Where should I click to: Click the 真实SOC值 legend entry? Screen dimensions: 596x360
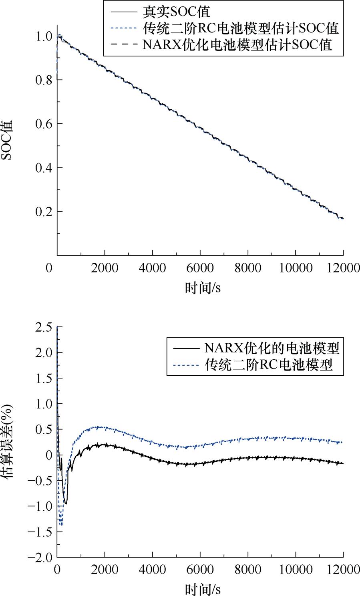(176, 12)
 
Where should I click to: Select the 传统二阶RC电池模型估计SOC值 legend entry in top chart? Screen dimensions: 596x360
(241, 28)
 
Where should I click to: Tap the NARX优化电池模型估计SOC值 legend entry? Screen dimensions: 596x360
(237, 44)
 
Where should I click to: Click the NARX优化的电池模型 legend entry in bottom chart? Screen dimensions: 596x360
(272, 348)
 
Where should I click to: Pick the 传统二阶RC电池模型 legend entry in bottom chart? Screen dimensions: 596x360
(269, 365)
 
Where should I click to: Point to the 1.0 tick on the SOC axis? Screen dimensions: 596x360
(43, 36)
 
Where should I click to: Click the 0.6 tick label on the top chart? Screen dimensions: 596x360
(43, 124)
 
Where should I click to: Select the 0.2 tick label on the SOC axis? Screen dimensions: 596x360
(43, 211)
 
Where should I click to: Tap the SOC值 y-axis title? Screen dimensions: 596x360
(9, 140)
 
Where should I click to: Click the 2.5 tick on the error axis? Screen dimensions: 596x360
(43, 327)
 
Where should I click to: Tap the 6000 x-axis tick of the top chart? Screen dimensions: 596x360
(200, 268)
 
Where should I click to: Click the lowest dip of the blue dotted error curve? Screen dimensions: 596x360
(61, 525)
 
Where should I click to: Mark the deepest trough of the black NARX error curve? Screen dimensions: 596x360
(66, 503)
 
